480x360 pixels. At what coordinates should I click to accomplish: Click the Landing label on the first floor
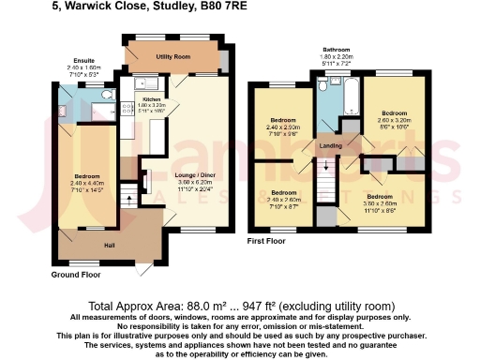point(330,145)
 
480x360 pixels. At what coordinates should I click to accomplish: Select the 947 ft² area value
point(241,307)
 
